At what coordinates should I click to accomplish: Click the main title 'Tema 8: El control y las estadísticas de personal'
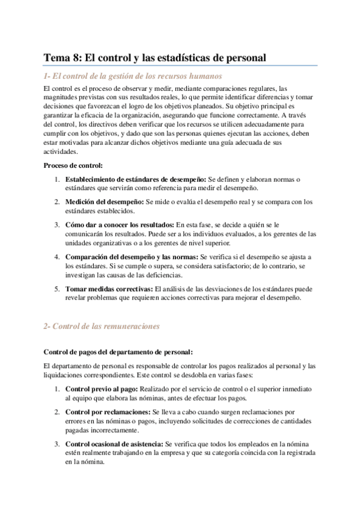click(x=154, y=58)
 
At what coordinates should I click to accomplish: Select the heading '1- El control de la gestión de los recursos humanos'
click(x=133, y=76)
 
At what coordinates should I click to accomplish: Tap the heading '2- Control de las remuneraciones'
click(x=101, y=326)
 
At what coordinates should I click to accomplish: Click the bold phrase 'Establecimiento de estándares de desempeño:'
click(x=135, y=179)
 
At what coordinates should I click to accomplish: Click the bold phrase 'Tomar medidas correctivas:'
click(x=109, y=289)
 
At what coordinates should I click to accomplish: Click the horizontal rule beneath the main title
click(x=180, y=66)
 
